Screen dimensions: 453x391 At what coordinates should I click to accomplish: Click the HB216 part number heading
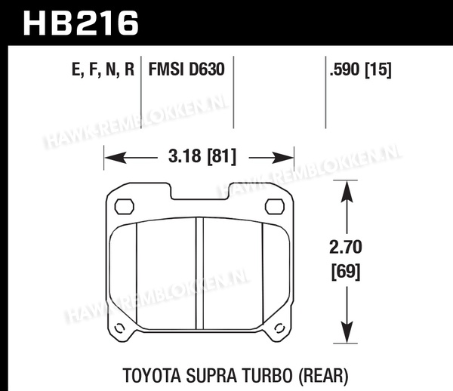[x=81, y=23]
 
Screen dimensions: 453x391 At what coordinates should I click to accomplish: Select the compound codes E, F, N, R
[x=103, y=69]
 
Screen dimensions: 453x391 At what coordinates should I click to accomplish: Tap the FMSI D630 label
[x=186, y=69]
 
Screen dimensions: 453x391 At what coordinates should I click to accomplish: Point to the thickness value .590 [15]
[x=361, y=69]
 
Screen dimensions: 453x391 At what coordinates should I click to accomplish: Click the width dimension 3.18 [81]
[x=202, y=156]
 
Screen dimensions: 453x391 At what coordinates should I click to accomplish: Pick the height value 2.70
[x=346, y=247]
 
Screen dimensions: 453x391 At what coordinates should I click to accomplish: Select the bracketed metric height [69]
[x=346, y=271]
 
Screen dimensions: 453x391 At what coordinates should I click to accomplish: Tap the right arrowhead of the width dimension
[x=282, y=158]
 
